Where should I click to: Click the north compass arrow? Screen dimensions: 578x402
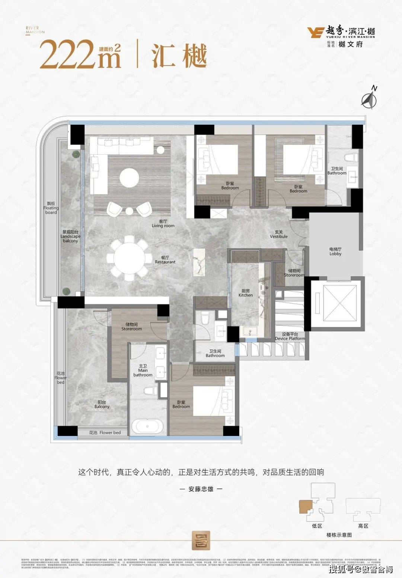369,99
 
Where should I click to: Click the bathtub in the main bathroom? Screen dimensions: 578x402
148,426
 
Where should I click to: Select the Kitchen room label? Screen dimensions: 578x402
246,293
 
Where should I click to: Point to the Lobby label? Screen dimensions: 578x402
335,251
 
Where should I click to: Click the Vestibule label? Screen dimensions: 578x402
279,234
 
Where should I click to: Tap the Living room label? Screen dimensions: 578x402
163,224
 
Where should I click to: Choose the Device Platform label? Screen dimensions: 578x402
290,337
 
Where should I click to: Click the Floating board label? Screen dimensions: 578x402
51,208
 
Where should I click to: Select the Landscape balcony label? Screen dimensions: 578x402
70,236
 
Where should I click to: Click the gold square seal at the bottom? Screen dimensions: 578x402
201,540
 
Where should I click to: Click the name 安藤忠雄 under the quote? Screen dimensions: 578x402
201,489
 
